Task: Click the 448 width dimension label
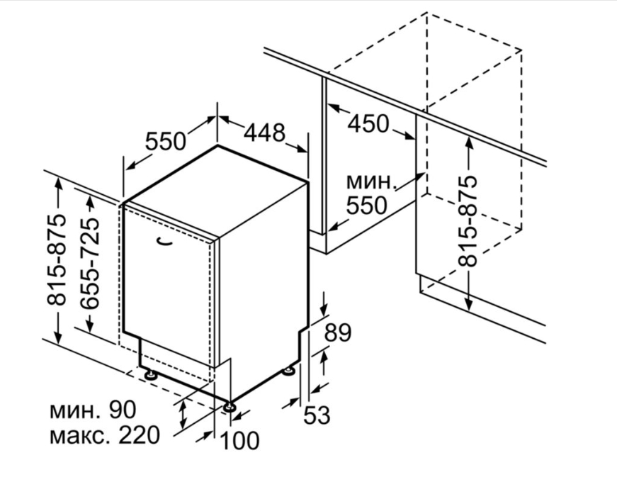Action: (264, 133)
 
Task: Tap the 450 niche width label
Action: (368, 123)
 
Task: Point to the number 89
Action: (337, 333)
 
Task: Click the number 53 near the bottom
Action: (317, 415)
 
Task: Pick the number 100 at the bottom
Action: (239, 440)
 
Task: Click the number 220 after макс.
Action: (140, 435)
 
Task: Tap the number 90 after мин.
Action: (122, 410)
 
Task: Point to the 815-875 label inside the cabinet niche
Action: (468, 221)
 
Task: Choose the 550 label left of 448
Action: (165, 141)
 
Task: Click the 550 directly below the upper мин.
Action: (366, 205)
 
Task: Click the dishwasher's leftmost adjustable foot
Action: (150, 374)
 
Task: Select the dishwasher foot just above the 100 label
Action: (230, 407)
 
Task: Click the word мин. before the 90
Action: (74, 410)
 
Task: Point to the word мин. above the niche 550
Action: (370, 181)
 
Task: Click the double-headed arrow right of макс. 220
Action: (183, 415)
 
